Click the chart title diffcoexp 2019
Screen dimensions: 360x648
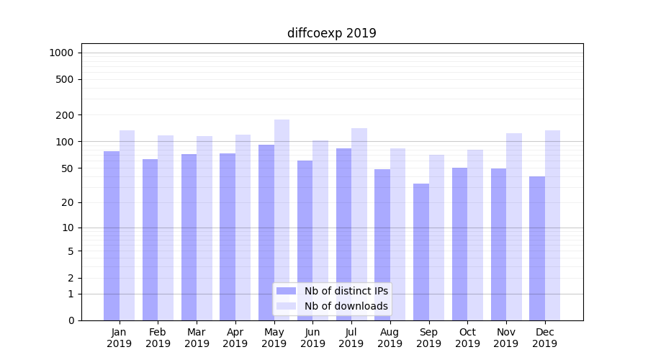(x=331, y=33)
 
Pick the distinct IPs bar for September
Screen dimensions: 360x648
(x=421, y=251)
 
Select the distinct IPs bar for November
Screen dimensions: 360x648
(x=498, y=244)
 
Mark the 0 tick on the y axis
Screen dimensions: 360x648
(x=71, y=320)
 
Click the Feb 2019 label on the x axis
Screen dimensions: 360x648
(x=158, y=338)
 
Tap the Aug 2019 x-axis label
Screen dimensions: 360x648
(x=390, y=338)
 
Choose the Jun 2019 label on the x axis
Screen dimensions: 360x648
(x=312, y=338)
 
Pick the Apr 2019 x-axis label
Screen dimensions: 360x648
(x=235, y=338)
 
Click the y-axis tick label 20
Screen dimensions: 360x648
(x=66, y=202)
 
